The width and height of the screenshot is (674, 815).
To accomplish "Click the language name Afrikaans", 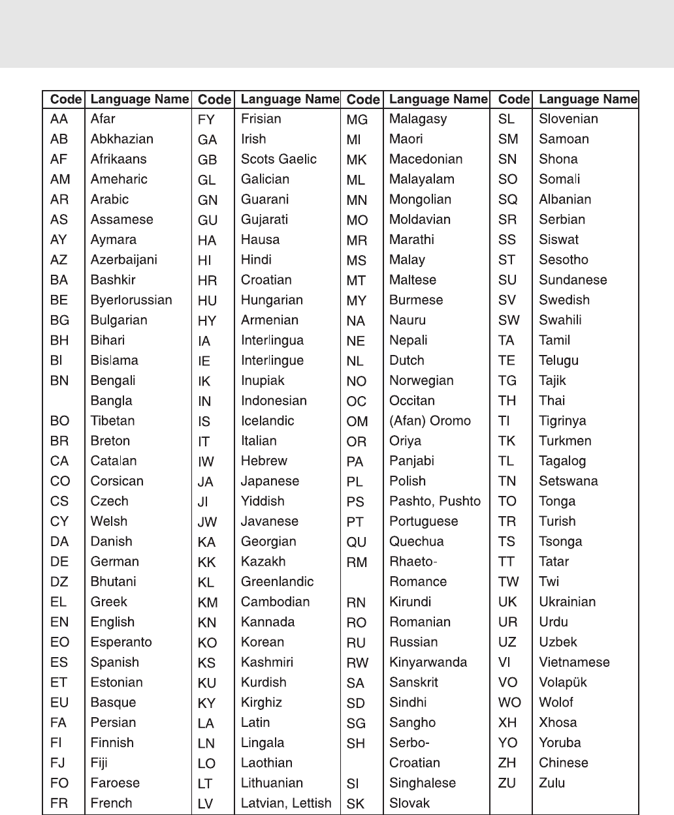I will [x=118, y=159].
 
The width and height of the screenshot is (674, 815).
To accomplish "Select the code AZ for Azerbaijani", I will [x=59, y=260].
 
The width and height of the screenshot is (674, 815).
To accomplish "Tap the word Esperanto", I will [x=121, y=642].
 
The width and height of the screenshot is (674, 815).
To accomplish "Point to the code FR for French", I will [x=59, y=803].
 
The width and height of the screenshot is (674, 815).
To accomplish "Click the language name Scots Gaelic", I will [x=278, y=159].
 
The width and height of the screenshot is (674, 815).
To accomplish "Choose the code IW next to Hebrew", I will [x=206, y=461].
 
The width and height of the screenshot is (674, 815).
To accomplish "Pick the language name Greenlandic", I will [x=277, y=581].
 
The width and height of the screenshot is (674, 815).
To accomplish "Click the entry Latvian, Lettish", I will [x=286, y=803].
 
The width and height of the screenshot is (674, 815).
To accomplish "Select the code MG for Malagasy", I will [x=357, y=119].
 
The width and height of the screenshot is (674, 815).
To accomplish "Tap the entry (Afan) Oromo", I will [x=430, y=421].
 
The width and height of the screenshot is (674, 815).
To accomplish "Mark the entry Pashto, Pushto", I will [x=434, y=501].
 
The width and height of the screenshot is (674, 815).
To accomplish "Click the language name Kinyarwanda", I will [x=428, y=662].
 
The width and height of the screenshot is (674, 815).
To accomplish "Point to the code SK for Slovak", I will [x=355, y=804].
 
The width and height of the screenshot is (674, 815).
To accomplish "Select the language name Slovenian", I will [x=568, y=119].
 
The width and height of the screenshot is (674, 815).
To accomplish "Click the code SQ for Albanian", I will [x=507, y=200].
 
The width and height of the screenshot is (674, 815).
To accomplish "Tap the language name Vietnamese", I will [x=574, y=662].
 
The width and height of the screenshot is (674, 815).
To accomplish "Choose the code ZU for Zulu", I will [x=507, y=783].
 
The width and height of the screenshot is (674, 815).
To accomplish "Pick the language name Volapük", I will [x=562, y=683].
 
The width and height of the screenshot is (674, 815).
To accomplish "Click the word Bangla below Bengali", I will [x=111, y=401].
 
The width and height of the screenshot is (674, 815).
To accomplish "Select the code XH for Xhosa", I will [x=507, y=722].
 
